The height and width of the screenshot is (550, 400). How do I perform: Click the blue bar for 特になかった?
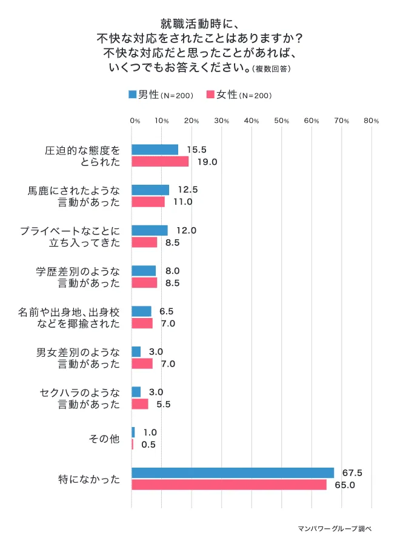[x=233, y=472]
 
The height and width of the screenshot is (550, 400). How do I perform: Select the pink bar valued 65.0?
[x=229, y=485]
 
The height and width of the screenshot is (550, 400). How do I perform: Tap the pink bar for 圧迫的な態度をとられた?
[x=160, y=161]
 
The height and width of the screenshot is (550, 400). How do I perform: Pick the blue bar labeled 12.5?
[x=150, y=190]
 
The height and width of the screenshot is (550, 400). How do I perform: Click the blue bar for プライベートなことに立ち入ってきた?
[x=150, y=230]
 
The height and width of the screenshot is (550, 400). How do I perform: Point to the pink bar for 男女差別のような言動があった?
[x=142, y=363]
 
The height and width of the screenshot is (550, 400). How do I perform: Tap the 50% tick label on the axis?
[x=282, y=121]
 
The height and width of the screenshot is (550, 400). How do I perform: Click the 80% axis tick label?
[x=372, y=121]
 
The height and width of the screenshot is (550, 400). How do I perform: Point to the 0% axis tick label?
[x=135, y=121]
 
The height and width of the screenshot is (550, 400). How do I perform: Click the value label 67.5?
[x=353, y=472]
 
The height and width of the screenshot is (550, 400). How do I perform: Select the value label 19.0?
[x=207, y=162]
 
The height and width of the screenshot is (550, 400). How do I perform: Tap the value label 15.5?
[x=197, y=149]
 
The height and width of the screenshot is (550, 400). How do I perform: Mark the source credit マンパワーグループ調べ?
[x=335, y=528]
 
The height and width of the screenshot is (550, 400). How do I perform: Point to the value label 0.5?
[x=148, y=445]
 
